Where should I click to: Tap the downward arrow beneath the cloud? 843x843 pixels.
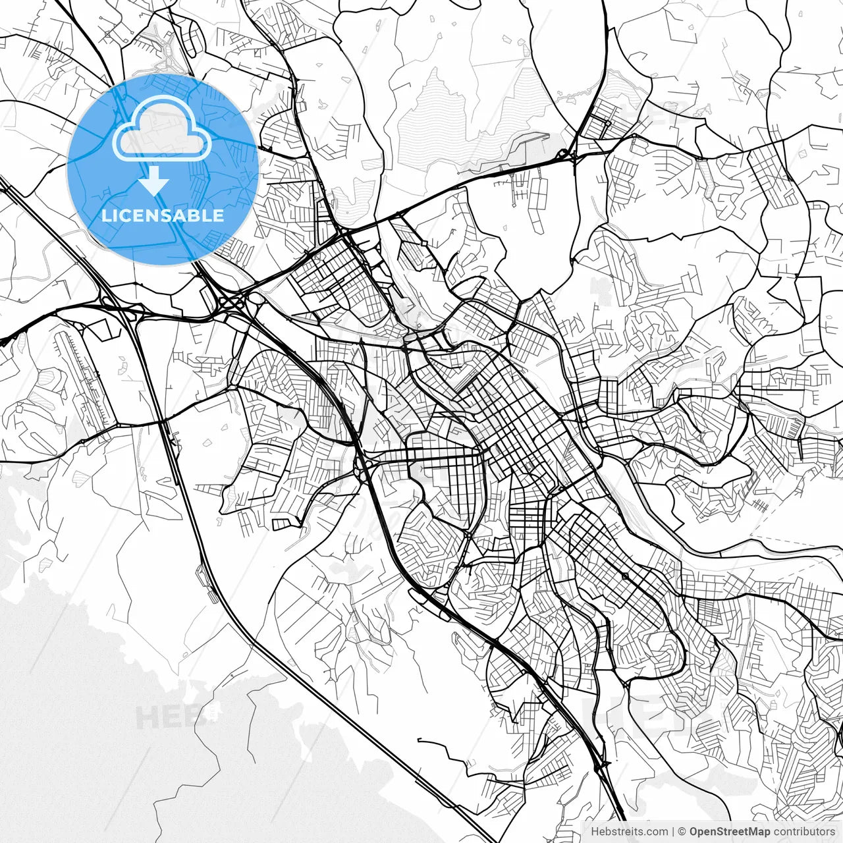tap(154, 180)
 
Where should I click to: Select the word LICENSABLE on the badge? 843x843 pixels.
tap(162, 215)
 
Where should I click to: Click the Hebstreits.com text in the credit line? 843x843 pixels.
tap(629, 832)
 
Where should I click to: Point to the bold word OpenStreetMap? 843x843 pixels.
tap(729, 832)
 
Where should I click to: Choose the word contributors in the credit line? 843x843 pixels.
tap(804, 832)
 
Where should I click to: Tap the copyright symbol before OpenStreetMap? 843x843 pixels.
tap(682, 832)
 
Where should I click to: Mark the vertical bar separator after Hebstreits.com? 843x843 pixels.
tap(673, 832)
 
